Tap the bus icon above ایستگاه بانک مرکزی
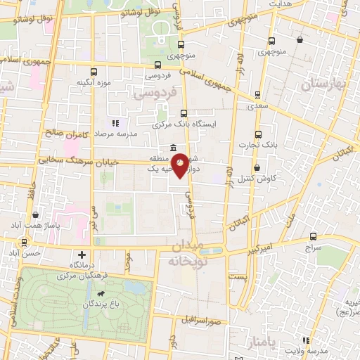tap(184, 112)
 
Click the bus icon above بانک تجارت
tap(258, 134)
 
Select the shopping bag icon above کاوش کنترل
tap(257, 167)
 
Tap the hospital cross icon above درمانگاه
tap(82, 255)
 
